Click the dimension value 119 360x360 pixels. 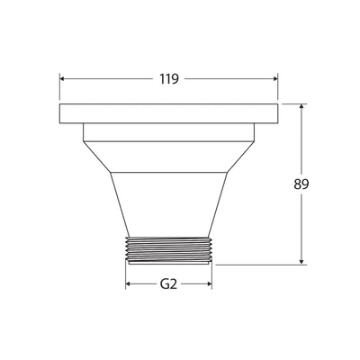click(168, 78)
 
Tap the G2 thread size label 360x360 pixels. click(168, 284)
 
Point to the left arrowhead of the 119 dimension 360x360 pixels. click(64, 78)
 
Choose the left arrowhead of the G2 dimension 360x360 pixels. click(129, 284)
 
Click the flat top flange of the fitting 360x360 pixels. click(169, 114)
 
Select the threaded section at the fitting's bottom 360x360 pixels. click(168, 251)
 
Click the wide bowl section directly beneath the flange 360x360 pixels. click(168, 147)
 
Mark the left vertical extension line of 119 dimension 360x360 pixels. click(60, 90)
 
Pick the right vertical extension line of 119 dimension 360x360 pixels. click(277, 90)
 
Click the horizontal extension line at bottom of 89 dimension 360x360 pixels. click(261, 264)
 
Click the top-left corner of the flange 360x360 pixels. click(60, 105)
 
